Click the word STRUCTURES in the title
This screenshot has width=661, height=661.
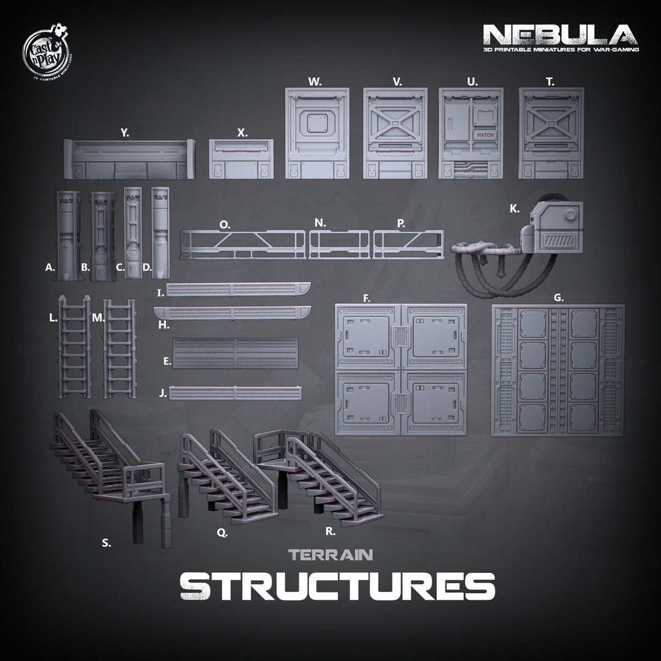pyautogui.click(x=337, y=586)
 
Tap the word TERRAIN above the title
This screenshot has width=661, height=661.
pyautogui.click(x=331, y=555)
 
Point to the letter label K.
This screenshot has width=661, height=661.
pyautogui.click(x=514, y=209)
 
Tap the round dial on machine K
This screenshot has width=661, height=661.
pyautogui.click(x=570, y=215)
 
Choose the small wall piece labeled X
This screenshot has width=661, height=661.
pyautogui.click(x=241, y=159)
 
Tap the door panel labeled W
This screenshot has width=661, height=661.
pyautogui.click(x=317, y=133)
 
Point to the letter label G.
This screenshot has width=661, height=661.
pyautogui.click(x=558, y=298)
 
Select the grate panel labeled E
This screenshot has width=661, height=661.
pyautogui.click(x=236, y=353)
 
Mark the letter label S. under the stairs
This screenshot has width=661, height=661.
pyautogui.click(x=106, y=542)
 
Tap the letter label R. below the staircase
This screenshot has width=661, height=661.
pyautogui.click(x=330, y=532)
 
